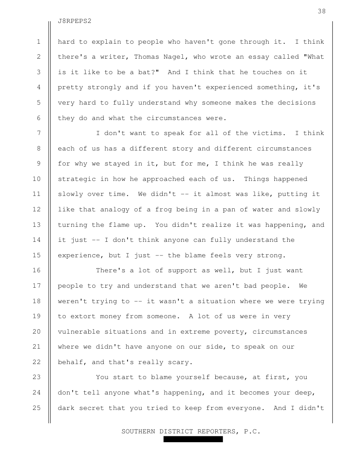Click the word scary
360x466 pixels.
click(x=180, y=362)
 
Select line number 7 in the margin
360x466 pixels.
click(x=38, y=133)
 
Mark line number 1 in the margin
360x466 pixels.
click(x=38, y=42)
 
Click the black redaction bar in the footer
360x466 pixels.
click(x=193, y=439)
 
